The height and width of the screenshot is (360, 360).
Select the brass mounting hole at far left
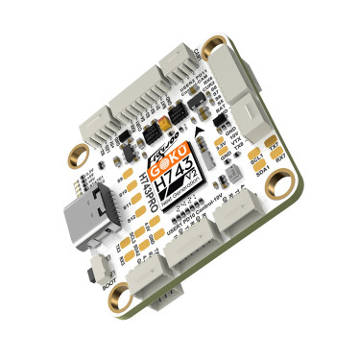[x=75, y=153]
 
